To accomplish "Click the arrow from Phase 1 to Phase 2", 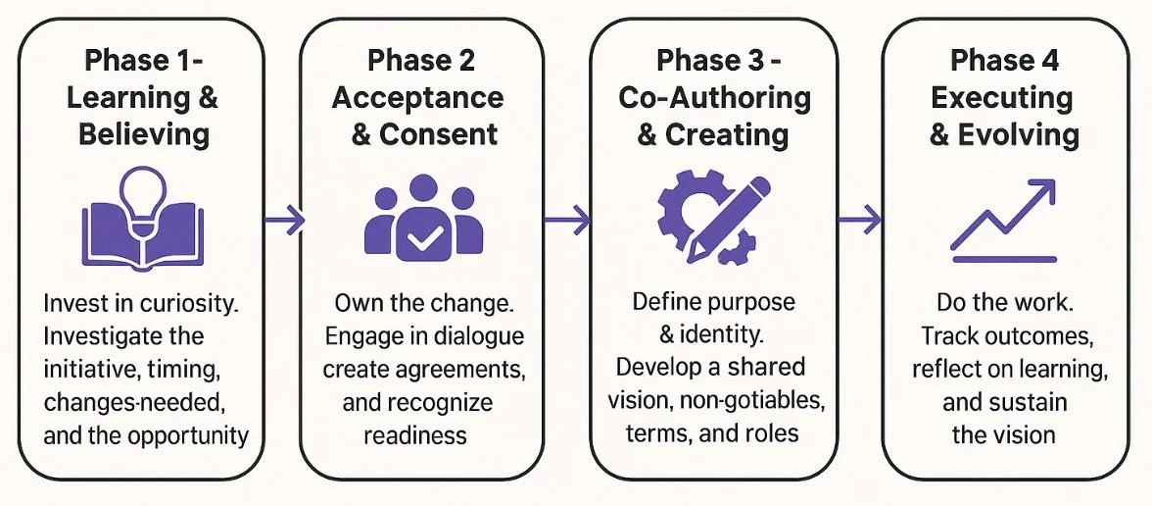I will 283,222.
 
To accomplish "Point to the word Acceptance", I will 418,97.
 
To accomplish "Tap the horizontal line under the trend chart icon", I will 1004,259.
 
